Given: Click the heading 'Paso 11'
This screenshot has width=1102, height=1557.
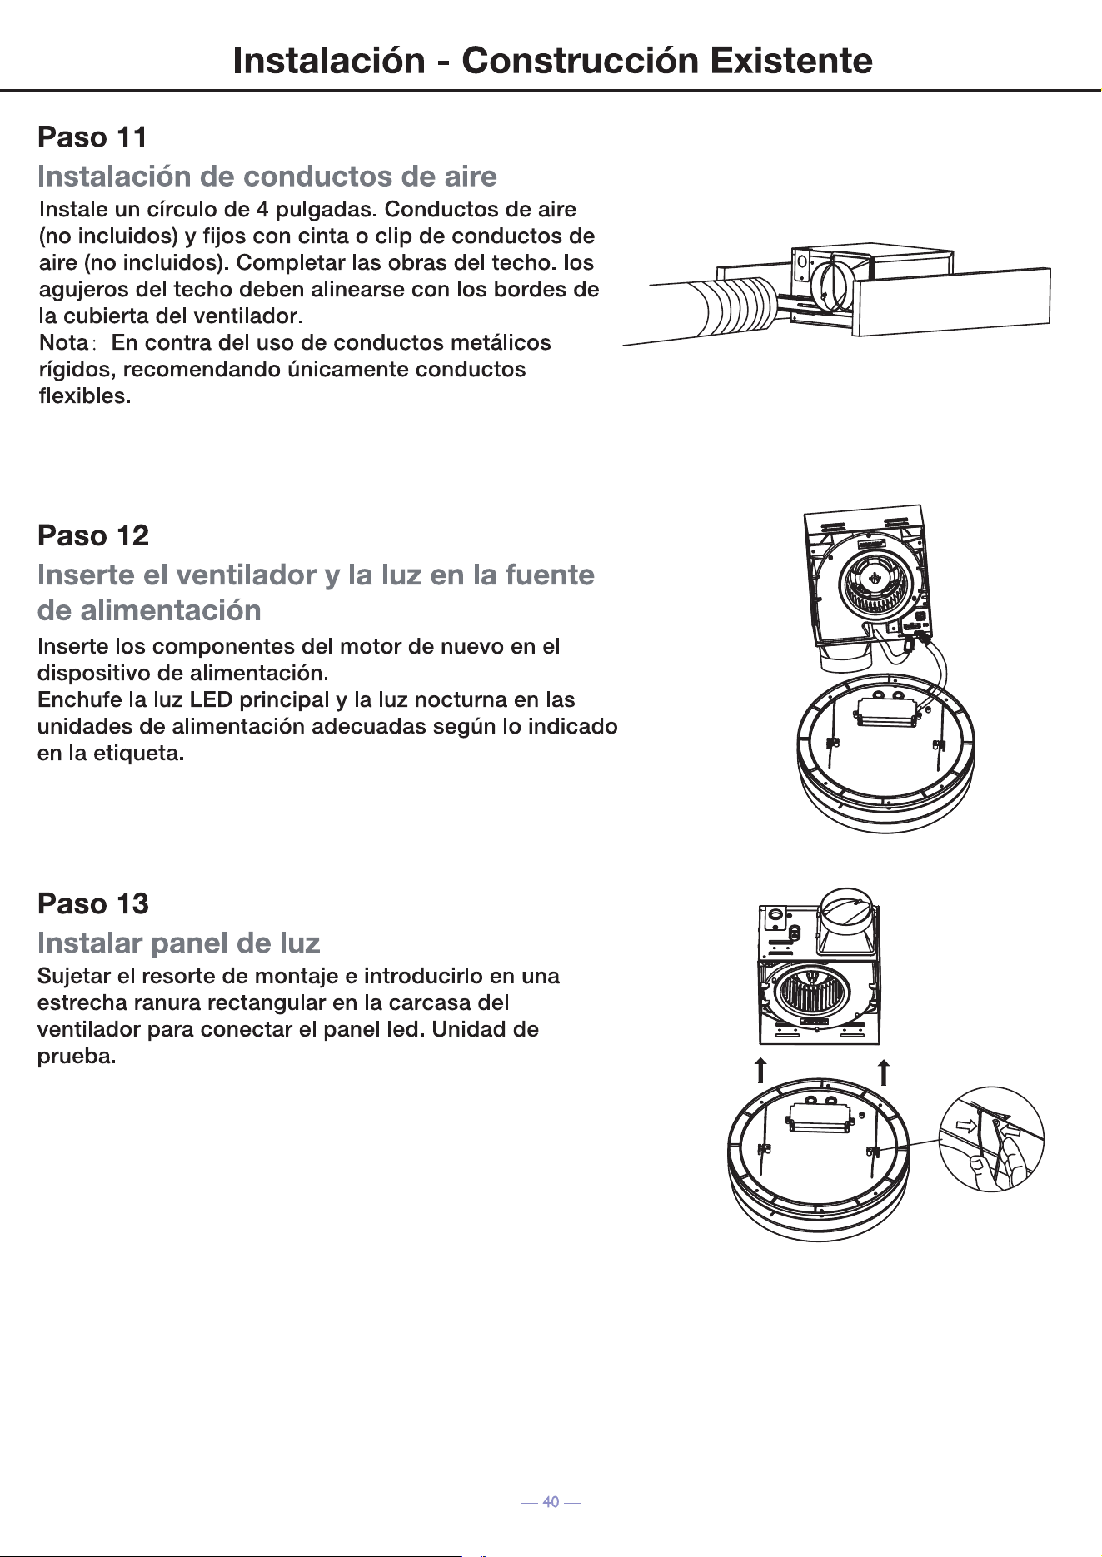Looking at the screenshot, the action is coord(92,137).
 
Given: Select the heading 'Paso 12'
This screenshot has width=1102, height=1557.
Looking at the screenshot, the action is coord(93,535).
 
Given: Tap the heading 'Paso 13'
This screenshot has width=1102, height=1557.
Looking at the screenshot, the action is coord(93,903).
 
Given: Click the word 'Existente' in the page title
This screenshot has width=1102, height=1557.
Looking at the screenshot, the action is coord(790,61).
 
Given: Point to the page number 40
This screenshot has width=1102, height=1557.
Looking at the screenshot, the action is coord(551,1502).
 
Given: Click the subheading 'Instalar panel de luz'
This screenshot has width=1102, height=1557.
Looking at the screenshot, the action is coord(179,943).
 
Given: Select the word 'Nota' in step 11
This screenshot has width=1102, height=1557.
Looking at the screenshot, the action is coord(63,342).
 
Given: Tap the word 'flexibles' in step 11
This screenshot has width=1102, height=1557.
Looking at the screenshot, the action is coord(82,395).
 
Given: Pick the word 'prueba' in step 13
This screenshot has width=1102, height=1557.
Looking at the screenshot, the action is coord(74,1057).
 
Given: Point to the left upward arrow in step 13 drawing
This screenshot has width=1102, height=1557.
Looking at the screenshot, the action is coord(760,1072).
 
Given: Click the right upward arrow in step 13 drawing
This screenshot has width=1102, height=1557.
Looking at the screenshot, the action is coord(884,1072).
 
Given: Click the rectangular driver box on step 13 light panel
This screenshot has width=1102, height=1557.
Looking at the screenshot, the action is coord(819,1116).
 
